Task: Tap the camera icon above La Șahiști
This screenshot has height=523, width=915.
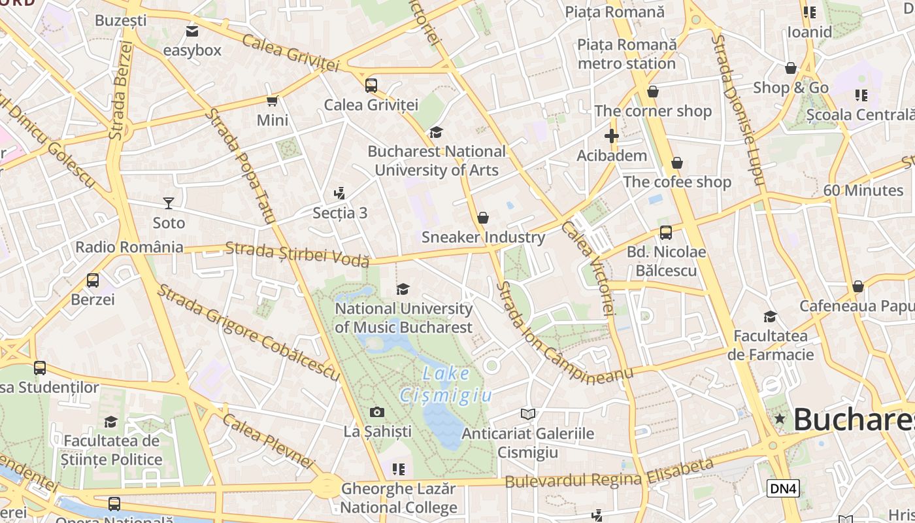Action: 376,412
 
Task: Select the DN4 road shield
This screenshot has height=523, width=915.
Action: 783,488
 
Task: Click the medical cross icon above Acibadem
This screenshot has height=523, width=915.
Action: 612,136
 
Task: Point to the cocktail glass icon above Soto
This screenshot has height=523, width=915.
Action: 169,203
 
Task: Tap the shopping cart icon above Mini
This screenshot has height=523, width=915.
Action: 273,101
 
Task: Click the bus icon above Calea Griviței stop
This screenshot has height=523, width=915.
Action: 371,85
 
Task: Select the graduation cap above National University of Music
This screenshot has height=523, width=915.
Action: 403,289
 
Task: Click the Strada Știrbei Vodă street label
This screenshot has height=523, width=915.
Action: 297,254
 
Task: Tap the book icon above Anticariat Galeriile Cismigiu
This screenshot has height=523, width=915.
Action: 528,414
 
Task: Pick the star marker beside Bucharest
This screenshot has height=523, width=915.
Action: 779,418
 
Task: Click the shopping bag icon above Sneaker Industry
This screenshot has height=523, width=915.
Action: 483,218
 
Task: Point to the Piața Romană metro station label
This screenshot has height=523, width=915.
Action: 627,54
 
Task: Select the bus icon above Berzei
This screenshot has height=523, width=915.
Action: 93,280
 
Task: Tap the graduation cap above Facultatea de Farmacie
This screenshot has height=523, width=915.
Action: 770,317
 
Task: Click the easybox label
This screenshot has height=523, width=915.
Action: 192,50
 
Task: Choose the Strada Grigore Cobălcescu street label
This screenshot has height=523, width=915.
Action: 248,333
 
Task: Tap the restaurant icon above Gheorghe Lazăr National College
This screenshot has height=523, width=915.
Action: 399,469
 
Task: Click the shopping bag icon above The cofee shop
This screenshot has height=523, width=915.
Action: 677,162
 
